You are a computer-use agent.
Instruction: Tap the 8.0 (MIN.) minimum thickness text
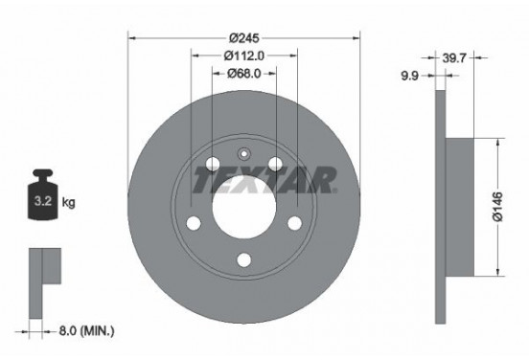click(86, 332)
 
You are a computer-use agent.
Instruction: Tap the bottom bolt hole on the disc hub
click(244, 258)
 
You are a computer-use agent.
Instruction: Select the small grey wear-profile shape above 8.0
click(43, 269)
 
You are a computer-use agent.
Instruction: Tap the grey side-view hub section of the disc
click(459, 207)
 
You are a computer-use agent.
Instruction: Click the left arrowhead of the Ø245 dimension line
click(132, 39)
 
